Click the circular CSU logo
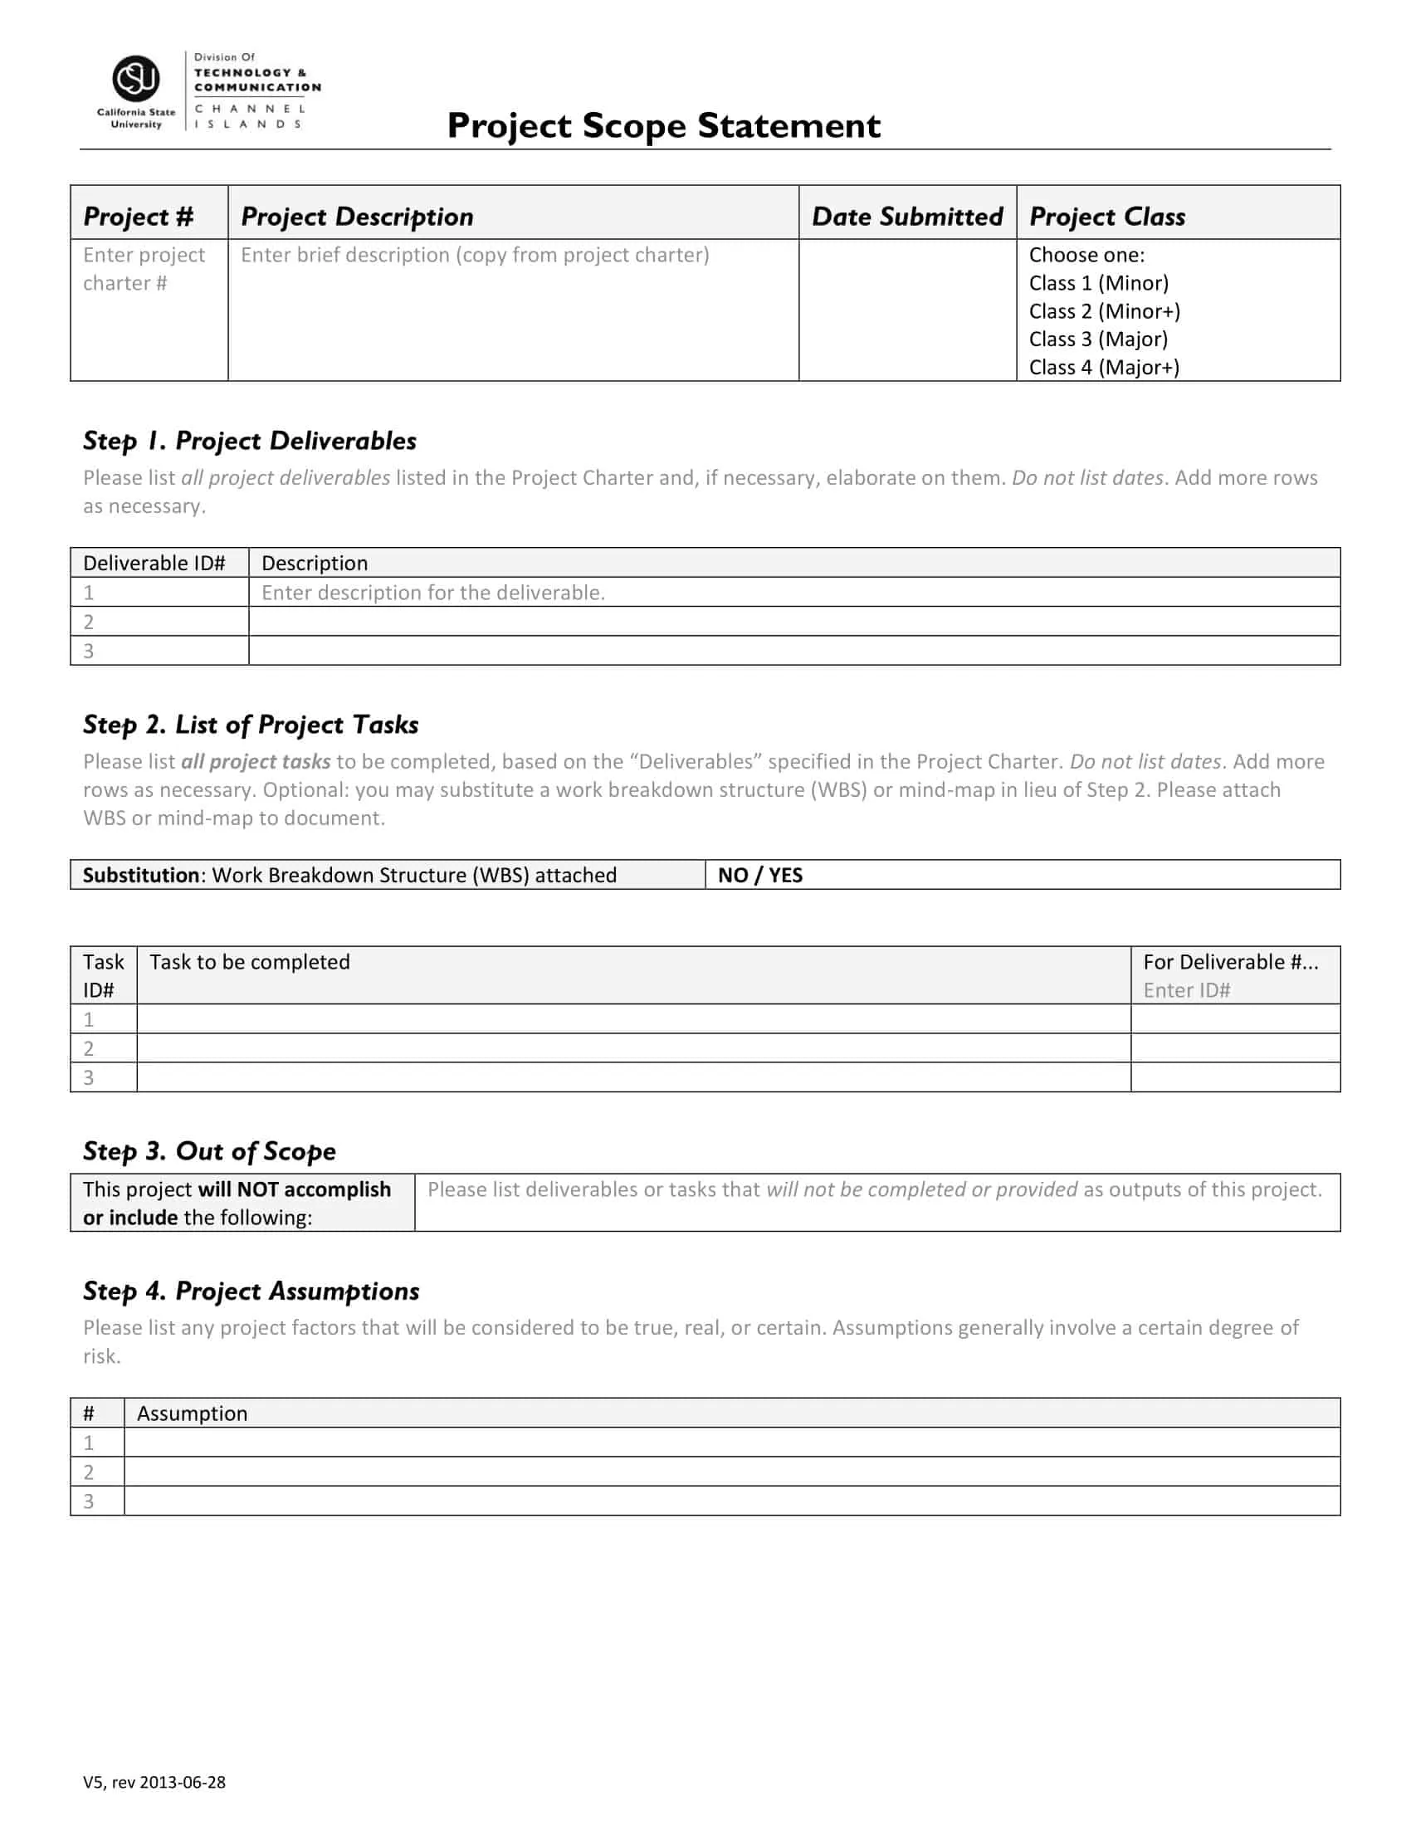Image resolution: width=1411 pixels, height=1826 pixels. click(135, 79)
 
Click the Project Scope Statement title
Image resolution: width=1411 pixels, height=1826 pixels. click(663, 126)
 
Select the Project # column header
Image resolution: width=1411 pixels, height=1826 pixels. click(138, 217)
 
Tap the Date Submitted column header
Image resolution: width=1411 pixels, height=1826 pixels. click(907, 217)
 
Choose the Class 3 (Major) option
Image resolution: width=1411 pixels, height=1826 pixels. click(1097, 339)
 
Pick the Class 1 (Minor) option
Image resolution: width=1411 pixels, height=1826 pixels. click(1098, 283)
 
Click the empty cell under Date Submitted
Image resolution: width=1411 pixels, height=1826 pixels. click(907, 310)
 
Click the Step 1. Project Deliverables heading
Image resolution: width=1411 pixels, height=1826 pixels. click(249, 441)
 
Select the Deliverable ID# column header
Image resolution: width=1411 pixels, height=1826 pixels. click(154, 564)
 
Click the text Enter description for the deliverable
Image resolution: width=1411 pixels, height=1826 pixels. click(433, 593)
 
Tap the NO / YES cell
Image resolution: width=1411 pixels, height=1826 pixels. click(759, 876)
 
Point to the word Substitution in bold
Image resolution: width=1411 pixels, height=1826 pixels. click(140, 876)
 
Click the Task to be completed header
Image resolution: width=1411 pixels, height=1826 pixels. click(249, 962)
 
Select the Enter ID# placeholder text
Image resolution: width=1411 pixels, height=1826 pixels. click(1186, 991)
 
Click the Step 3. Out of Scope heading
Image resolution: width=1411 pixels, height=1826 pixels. click(209, 1151)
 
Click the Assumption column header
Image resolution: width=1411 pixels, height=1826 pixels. click(193, 1413)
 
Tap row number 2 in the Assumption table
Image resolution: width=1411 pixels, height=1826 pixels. click(89, 1472)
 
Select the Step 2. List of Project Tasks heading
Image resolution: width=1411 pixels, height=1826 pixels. click(251, 725)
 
